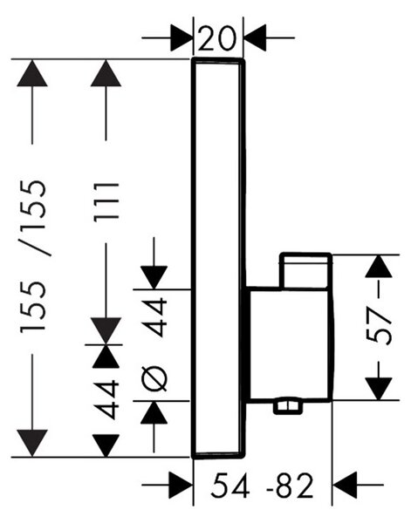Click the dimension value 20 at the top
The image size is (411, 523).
click(217, 38)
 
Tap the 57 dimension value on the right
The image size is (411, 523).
click(379, 326)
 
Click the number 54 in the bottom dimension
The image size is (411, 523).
click(230, 486)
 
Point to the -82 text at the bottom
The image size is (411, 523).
click(290, 486)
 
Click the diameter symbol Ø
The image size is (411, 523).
click(154, 379)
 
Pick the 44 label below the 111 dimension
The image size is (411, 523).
click(106, 399)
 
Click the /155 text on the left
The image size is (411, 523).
click(33, 218)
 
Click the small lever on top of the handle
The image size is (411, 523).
click(305, 270)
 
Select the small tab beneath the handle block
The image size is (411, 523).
click(287, 405)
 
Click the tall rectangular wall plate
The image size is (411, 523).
click(218, 259)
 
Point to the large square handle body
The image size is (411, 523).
click(289, 344)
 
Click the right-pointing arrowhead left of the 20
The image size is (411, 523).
click(182, 37)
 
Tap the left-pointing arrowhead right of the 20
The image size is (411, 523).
click(255, 37)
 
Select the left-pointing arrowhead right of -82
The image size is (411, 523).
click(346, 485)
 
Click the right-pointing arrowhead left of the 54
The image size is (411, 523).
click(182, 485)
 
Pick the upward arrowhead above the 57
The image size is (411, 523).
click(379, 266)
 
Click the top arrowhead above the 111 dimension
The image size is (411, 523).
click(106, 73)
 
